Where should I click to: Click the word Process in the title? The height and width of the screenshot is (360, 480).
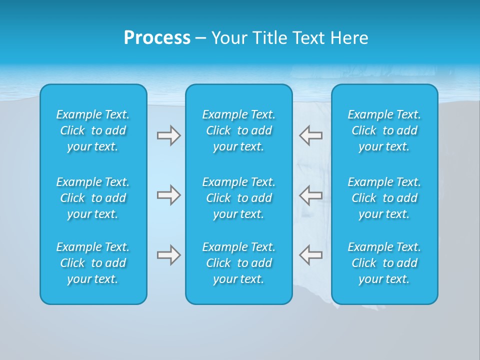tap(157, 38)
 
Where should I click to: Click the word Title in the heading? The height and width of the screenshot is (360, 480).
tap(269, 38)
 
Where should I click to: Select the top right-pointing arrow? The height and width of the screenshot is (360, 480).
tap(168, 135)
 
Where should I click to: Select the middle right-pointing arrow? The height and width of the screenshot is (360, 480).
tap(168, 195)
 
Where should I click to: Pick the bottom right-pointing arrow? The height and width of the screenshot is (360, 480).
tap(168, 255)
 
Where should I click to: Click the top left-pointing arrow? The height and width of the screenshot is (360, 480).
tap(310, 135)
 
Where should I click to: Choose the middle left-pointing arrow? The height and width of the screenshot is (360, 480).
tap(310, 195)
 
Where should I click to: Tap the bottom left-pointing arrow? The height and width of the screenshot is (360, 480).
tap(310, 255)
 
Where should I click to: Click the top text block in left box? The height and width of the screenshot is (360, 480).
tap(93, 130)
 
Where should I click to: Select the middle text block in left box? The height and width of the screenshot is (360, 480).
tap(93, 198)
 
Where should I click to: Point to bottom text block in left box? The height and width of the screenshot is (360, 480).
tap(93, 263)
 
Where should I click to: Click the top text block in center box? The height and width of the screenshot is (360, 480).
tap(239, 130)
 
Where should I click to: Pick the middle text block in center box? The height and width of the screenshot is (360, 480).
tap(239, 198)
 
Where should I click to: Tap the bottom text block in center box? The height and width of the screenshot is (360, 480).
tap(239, 263)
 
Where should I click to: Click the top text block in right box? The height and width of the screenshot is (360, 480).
tap(384, 130)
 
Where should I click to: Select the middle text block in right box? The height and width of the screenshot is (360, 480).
tap(384, 198)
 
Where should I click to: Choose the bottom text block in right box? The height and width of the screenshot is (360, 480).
tap(384, 263)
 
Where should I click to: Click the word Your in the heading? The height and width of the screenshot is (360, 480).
tap(229, 38)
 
